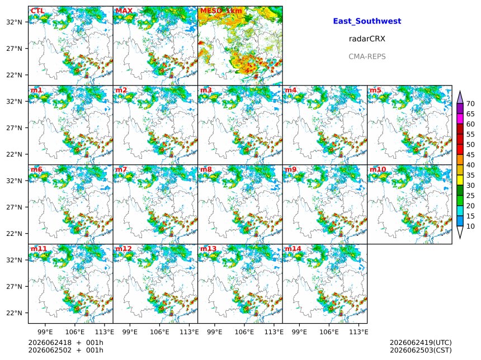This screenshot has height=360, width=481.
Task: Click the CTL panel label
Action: [x=37, y=11]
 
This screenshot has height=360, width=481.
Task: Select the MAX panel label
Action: [x=124, y=11]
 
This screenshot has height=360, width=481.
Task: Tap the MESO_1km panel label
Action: [x=221, y=11]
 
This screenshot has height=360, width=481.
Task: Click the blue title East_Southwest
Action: [x=367, y=21]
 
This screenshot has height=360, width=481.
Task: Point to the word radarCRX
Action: [x=367, y=39]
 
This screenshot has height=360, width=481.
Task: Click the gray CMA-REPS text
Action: [x=367, y=56]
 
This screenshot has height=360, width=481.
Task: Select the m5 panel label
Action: [x=375, y=90]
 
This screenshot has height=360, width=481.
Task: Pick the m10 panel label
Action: [x=378, y=169]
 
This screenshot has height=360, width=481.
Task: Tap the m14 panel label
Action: [x=293, y=249]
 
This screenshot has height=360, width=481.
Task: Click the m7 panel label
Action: [x=121, y=169]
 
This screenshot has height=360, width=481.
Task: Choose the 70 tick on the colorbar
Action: [x=470, y=103]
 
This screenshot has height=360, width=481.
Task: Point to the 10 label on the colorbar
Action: [x=470, y=226]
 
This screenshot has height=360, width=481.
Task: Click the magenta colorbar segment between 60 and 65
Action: [x=460, y=119]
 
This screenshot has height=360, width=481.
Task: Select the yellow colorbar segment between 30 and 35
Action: [x=460, y=181]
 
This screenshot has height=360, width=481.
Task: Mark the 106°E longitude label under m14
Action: [x=329, y=332]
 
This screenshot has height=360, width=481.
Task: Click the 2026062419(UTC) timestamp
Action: [x=421, y=343]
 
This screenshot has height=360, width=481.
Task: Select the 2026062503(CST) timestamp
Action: [x=421, y=350]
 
